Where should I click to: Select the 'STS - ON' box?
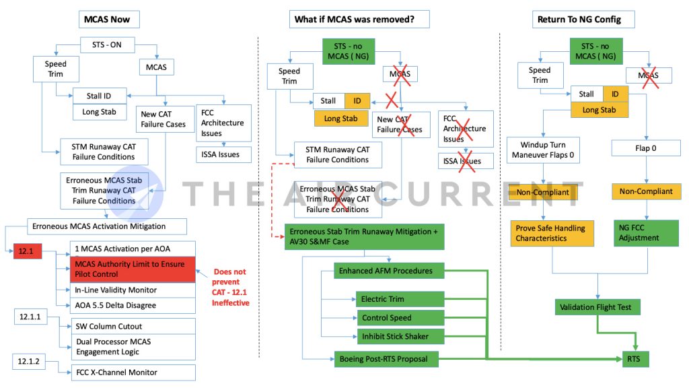[x=107, y=46]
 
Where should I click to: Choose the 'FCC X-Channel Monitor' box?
[x=132, y=372]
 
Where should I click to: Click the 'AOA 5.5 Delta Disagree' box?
[x=132, y=305]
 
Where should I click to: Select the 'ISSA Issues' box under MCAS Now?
[x=225, y=154]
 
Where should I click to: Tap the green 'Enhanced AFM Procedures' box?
[x=391, y=271]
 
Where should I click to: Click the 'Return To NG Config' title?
[x=578, y=20]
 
